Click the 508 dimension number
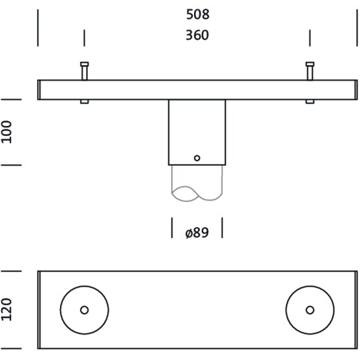click(x=198, y=15)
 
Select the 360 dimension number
click(x=197, y=35)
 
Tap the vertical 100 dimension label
click(x=7, y=132)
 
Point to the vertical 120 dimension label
click(x=7, y=309)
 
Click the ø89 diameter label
click(x=197, y=233)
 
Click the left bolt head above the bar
click(x=85, y=64)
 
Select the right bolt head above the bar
click(x=310, y=64)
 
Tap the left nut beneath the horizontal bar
click(x=85, y=102)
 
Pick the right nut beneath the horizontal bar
click(x=310, y=102)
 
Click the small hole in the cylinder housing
click(x=197, y=158)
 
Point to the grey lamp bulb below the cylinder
click(x=197, y=183)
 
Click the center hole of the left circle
click(x=85, y=310)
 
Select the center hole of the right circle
click(x=310, y=310)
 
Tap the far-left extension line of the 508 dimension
click(x=38, y=28)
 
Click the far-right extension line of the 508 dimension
click(x=357, y=28)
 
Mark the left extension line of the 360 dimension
click(x=84, y=38)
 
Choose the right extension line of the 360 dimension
click(x=310, y=38)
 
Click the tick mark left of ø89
click(x=172, y=228)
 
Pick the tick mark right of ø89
click(x=222, y=228)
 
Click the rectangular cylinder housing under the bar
click(x=197, y=132)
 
